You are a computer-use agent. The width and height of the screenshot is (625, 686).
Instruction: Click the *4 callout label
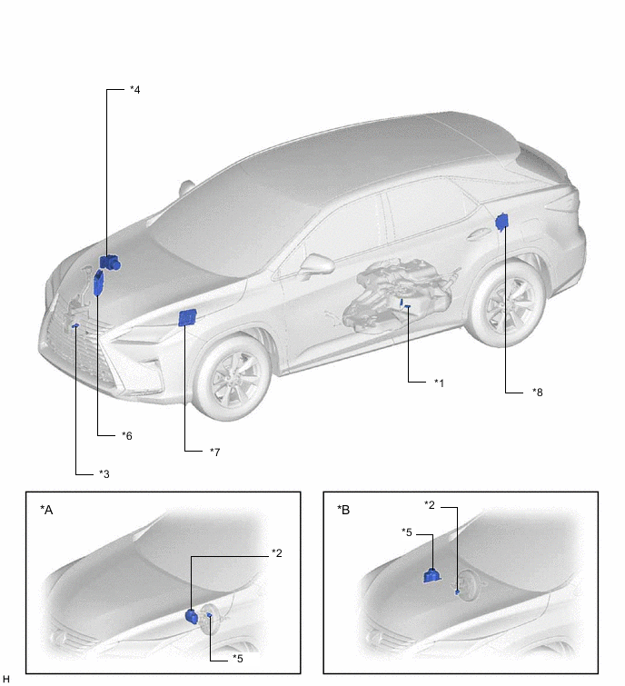(x=135, y=90)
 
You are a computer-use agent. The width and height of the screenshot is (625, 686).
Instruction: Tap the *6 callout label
(x=127, y=436)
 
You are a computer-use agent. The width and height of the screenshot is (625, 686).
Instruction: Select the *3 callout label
(x=104, y=473)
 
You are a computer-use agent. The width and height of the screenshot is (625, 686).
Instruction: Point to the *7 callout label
(x=214, y=452)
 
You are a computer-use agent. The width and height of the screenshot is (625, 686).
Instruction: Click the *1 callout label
(x=439, y=383)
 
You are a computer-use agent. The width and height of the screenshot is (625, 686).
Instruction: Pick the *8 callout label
(x=538, y=393)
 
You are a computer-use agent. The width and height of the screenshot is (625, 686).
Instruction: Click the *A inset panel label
(x=46, y=510)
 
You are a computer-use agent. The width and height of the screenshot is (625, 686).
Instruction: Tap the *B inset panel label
(x=343, y=510)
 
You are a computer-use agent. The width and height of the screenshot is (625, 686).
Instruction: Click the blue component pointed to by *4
(x=110, y=263)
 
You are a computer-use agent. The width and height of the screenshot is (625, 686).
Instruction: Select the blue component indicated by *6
(x=99, y=283)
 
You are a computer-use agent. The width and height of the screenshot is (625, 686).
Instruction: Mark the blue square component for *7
(x=187, y=318)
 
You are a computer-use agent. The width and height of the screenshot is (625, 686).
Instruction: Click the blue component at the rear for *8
(x=502, y=222)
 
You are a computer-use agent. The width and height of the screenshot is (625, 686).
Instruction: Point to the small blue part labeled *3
(x=75, y=325)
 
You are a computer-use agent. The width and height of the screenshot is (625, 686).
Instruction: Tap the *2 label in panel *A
(x=277, y=553)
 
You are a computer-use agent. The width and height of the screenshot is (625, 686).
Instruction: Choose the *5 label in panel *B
(x=407, y=532)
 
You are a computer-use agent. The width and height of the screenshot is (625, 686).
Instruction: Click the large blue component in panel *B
(x=432, y=575)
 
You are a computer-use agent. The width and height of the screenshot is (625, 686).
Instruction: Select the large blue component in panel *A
(x=192, y=615)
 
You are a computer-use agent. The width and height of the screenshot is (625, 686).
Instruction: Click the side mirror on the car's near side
(x=317, y=264)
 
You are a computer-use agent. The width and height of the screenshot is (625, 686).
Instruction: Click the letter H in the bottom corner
(x=5, y=679)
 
